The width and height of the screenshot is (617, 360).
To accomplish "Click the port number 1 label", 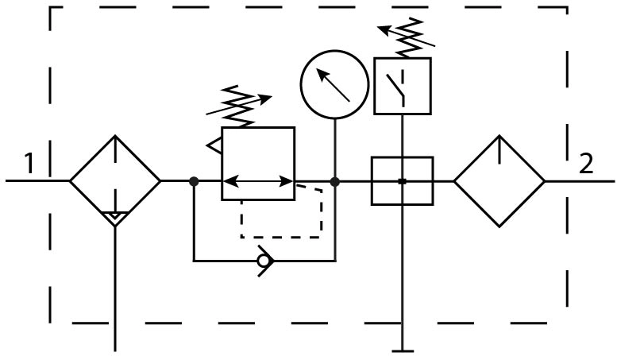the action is [29, 164].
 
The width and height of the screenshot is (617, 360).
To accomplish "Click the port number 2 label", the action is [586, 164].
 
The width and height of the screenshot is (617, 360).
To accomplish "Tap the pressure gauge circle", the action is [334, 51].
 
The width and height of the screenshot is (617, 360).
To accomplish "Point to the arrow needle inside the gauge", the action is [333, 85].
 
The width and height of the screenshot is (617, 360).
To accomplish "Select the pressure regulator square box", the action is [258, 127].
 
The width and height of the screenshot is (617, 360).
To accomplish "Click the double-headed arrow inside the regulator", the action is [258, 181].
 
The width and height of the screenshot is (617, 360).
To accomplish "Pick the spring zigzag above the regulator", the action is [239, 106].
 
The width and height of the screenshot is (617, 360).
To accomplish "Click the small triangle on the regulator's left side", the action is [214, 145].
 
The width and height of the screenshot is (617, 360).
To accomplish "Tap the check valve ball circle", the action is [263, 261].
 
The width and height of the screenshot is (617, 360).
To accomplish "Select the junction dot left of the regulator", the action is [194, 181].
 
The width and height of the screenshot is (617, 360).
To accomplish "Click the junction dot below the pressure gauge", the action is [335, 181].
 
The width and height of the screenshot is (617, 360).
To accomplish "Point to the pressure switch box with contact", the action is [403, 58].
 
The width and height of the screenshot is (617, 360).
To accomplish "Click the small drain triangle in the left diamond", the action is [115, 216].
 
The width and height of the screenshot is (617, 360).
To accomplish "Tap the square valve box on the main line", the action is [372, 181].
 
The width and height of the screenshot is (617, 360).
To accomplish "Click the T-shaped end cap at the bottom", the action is [403, 350].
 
